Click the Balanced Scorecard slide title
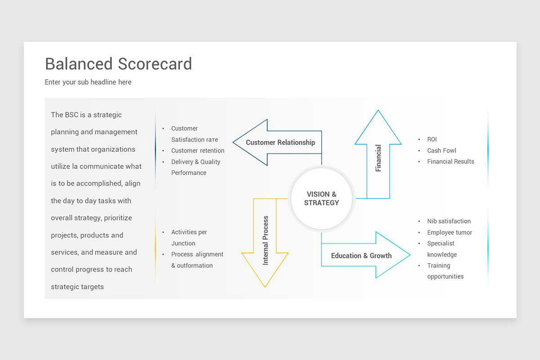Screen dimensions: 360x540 pos(118,64)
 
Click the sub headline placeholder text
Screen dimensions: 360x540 pos(88,82)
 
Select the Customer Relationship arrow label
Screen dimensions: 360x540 pos(280,143)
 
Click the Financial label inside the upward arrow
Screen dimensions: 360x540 pos(378,158)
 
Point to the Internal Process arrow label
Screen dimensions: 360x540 pos(265,240)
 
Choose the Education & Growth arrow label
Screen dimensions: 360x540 pos(361,256)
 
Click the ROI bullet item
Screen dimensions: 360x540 pos(432,139)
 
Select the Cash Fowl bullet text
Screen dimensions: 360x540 pos(441,151)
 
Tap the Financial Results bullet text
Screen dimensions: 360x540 pos(450,162)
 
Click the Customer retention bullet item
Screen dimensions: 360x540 pos(198,151)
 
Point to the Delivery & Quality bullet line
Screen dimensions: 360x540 pos(196,162)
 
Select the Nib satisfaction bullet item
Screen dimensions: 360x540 pos(449,221)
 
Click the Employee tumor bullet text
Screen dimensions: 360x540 pos(450,233)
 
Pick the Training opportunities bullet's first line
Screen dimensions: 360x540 pos(438,266)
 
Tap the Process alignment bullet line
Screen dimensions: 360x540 pos(197,255)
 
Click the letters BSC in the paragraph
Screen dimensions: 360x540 pos(72,115)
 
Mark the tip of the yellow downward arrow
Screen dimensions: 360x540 pos(265,286)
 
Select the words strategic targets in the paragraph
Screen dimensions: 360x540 pos(77,287)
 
